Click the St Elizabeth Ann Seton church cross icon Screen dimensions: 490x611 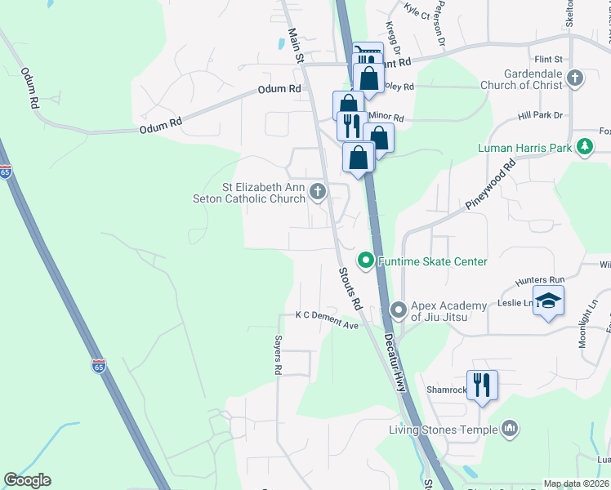point(318,192)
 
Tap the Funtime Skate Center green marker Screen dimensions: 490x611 point(366,261)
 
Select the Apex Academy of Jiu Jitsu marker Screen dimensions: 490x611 point(398,310)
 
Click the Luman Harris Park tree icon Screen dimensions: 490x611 point(585,147)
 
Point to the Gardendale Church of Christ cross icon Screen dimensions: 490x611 point(575,78)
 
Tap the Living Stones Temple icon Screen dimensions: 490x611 point(510,429)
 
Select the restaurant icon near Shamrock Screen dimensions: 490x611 point(482,385)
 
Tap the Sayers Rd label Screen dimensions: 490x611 point(278,358)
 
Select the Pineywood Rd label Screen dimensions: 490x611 point(501,185)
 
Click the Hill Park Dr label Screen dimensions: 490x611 point(541,116)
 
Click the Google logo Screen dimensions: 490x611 point(27,480)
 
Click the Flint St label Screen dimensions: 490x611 point(548,60)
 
